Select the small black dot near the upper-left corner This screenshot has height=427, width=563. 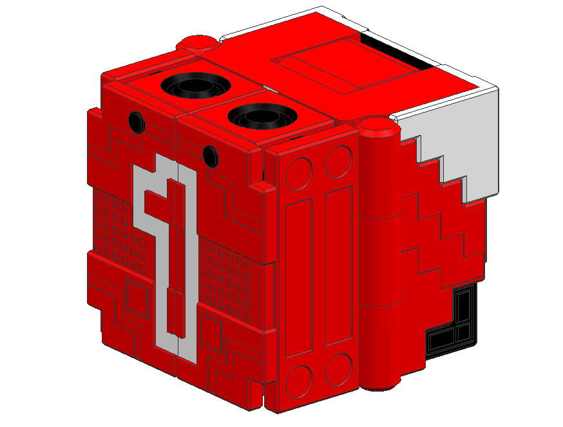(x=135, y=120)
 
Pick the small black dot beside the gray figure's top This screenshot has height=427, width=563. (x=210, y=155)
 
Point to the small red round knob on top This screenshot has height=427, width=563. (x=198, y=43)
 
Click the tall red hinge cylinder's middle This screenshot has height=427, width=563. (x=378, y=257)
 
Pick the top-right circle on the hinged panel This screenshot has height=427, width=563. (x=338, y=161)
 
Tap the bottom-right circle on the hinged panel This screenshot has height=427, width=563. (x=338, y=370)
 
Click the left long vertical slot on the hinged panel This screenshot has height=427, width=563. (x=299, y=277)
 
